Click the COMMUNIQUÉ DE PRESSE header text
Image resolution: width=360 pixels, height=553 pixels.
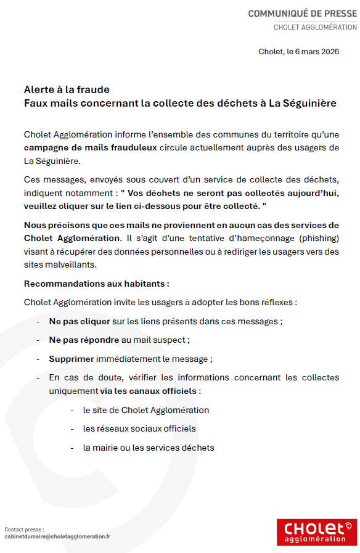(302, 14)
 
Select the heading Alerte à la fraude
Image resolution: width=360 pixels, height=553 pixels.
(67, 90)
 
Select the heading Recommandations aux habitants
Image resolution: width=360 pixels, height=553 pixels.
(96, 284)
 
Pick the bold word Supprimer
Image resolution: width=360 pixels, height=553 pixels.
(72, 359)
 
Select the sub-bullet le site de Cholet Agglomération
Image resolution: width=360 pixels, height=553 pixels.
(146, 410)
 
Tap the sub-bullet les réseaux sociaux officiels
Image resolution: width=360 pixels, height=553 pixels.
(139, 428)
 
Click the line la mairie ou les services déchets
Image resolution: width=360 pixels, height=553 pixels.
(149, 448)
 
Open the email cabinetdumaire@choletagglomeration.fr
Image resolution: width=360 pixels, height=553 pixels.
(57, 536)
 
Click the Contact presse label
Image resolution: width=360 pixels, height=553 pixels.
(24, 529)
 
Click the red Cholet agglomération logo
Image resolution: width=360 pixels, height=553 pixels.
(316, 532)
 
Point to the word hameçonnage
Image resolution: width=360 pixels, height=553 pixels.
(237, 237)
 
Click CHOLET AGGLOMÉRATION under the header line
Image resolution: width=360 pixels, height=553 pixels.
(315, 27)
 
